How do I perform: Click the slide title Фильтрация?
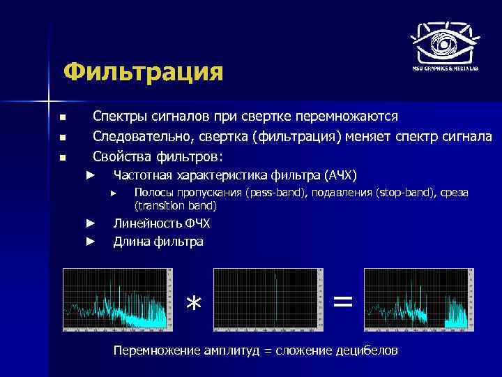click(142, 72)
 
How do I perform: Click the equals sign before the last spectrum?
click(342, 301)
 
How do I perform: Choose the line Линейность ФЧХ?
click(161, 223)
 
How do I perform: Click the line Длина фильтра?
click(158, 242)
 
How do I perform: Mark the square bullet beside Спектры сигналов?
click(62, 117)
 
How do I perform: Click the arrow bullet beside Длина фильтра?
click(90, 242)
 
